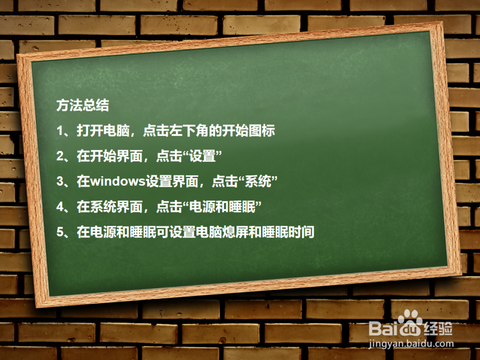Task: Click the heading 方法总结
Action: (82, 105)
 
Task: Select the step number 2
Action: (60, 156)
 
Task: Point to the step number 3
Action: (60, 181)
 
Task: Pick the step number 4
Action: (60, 207)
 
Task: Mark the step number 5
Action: (60, 233)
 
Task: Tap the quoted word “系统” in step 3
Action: (259, 181)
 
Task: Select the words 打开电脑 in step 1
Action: (96, 131)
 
